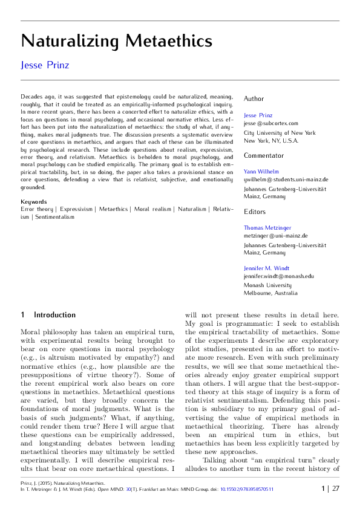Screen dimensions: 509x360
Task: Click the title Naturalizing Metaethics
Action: click(116, 41)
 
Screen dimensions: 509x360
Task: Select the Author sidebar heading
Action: click(254, 99)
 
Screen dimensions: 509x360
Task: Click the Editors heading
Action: click(254, 212)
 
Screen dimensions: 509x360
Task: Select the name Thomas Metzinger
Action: click(267, 228)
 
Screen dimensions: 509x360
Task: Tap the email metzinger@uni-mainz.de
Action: click(275, 236)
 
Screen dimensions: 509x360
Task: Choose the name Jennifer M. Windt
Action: click(266, 268)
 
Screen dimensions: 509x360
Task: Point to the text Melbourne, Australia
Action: click(270, 293)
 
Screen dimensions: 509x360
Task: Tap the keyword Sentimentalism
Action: click(54, 216)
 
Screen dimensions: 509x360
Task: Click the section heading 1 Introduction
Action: click(48, 315)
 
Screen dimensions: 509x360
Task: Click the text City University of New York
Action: click(279, 132)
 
